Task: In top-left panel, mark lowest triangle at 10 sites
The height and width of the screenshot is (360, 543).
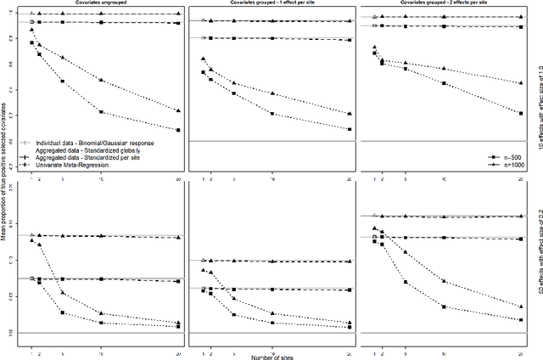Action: (x=102, y=80)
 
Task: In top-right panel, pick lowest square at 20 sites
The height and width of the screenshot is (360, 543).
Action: (x=520, y=113)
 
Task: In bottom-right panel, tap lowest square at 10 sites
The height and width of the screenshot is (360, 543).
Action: (x=445, y=307)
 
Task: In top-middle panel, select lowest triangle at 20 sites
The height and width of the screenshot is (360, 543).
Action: (x=350, y=114)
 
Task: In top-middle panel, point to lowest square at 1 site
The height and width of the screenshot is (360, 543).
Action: (x=204, y=72)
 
